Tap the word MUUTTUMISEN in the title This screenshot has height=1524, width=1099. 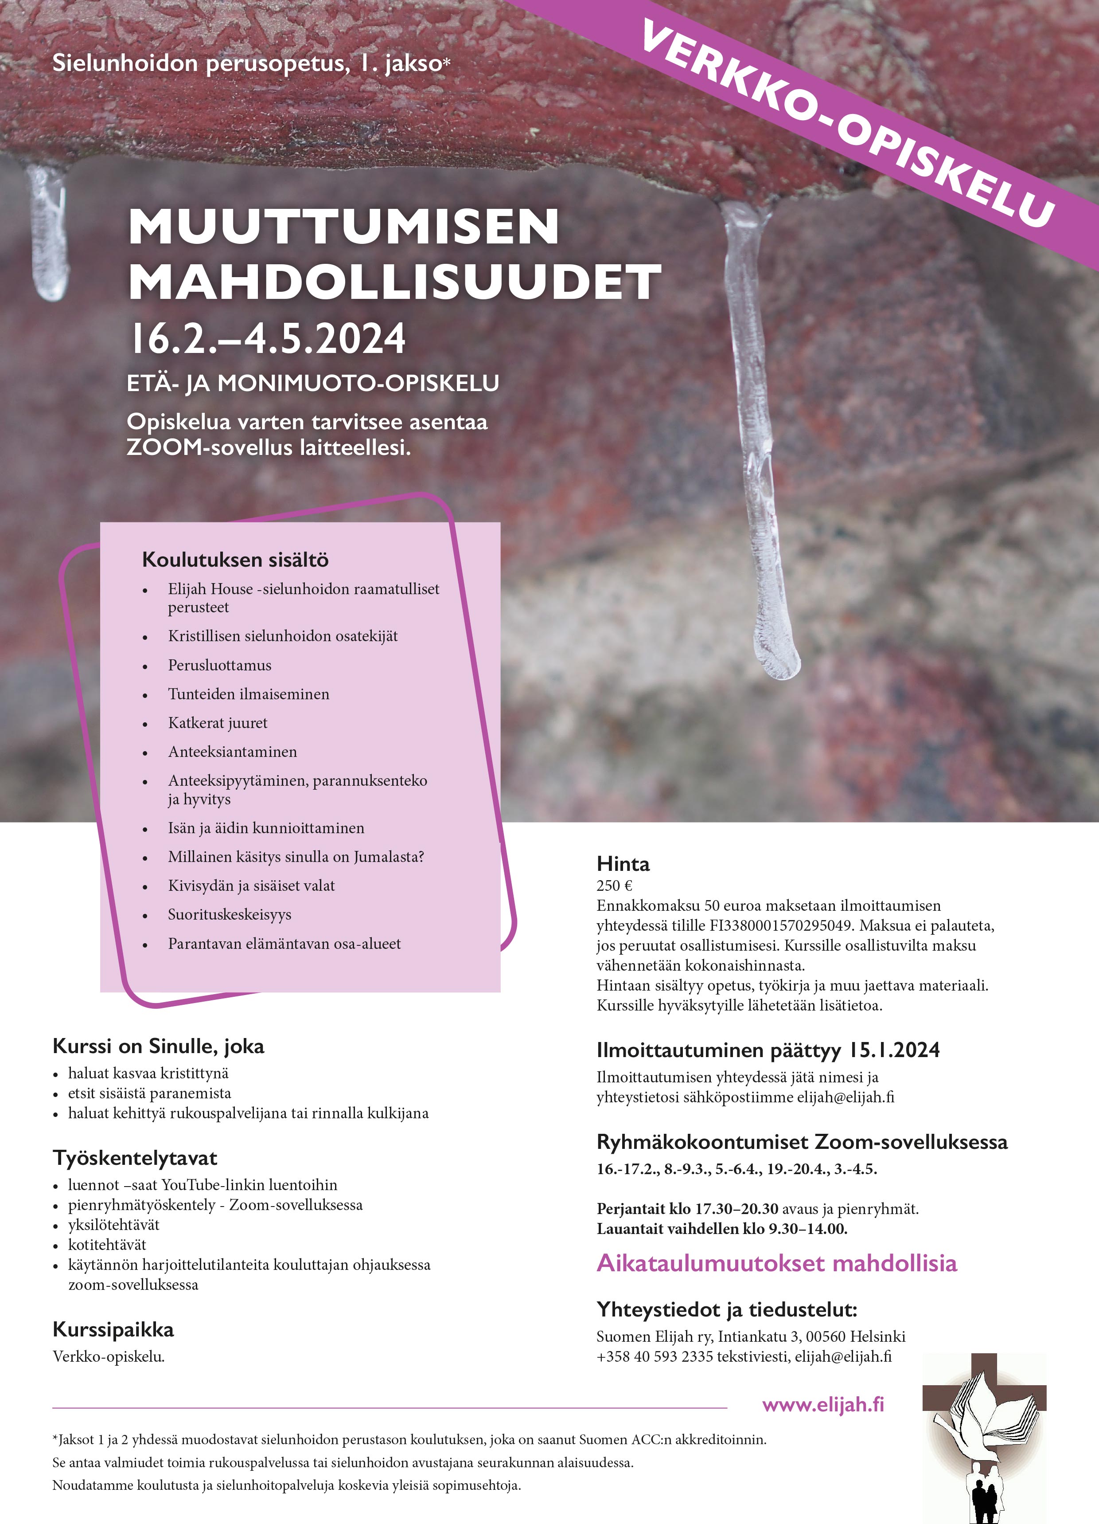click(343, 227)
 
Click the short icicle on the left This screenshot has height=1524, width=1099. click(48, 232)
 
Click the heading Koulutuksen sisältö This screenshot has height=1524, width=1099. click(235, 560)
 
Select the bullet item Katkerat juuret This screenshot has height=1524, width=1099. click(218, 723)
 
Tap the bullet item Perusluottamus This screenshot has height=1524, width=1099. click(220, 665)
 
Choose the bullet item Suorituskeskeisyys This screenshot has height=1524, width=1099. click(230, 915)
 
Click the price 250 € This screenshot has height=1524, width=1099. click(614, 885)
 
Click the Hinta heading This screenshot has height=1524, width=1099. click(623, 864)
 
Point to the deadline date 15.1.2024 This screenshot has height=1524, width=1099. click(893, 1050)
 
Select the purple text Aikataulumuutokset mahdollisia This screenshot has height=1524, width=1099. click(776, 1263)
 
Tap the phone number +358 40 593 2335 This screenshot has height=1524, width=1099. click(654, 1357)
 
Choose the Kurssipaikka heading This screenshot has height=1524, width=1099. click(113, 1330)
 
